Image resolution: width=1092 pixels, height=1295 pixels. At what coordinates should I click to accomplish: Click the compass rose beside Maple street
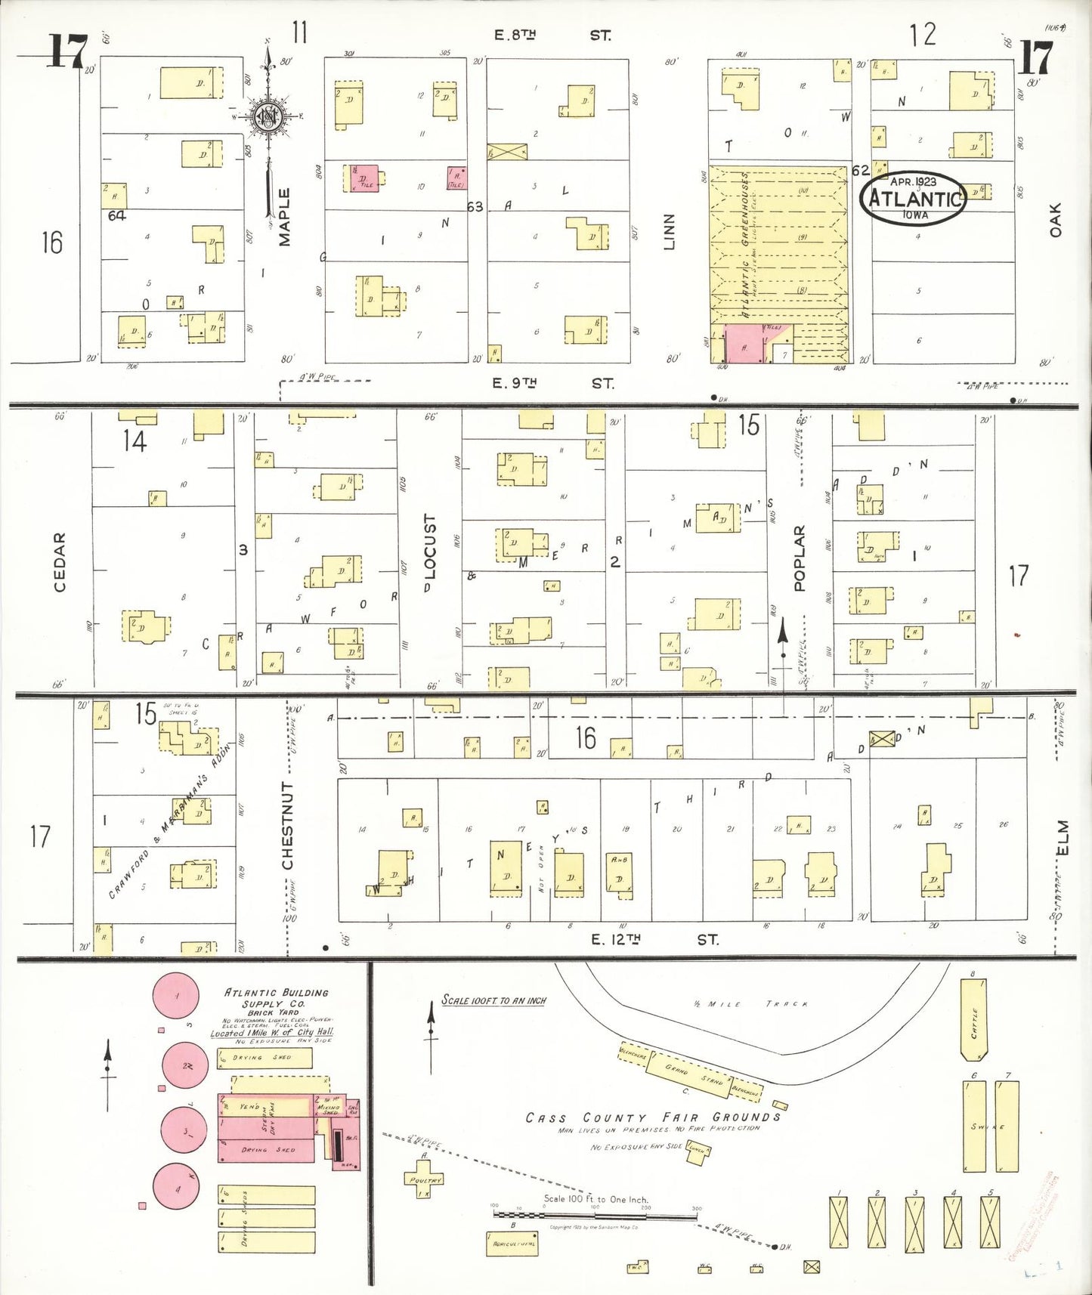click(268, 116)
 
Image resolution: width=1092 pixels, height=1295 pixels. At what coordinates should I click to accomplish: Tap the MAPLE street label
click(284, 218)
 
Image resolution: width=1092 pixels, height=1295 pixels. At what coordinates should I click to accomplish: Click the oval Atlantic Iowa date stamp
click(914, 198)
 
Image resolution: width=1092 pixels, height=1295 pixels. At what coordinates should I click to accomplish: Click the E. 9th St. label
click(552, 384)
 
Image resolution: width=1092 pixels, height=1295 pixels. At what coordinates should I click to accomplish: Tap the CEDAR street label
click(60, 562)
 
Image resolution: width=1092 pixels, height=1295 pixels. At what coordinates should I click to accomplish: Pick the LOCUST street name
click(430, 547)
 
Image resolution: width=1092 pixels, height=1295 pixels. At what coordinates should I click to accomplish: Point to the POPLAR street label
click(800, 558)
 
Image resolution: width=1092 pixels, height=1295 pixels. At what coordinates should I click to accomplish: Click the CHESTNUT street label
click(287, 825)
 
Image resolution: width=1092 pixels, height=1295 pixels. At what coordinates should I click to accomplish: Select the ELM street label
click(1063, 838)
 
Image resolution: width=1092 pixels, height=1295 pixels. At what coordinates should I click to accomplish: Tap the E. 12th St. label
click(654, 940)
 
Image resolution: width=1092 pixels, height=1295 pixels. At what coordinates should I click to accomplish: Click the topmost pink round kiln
click(176, 997)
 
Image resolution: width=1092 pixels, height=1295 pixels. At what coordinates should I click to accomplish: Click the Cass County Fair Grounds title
click(653, 1117)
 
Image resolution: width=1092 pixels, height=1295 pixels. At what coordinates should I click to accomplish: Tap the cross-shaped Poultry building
click(425, 1180)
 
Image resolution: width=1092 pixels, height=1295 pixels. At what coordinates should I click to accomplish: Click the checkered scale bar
click(595, 1216)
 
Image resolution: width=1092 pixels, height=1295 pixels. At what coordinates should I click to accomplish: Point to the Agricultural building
click(512, 1244)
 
